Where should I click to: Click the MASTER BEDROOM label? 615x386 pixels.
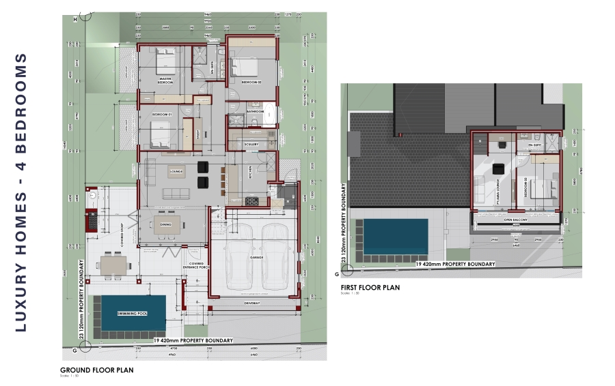(x=165, y=80)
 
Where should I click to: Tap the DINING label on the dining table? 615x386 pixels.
(x=166, y=224)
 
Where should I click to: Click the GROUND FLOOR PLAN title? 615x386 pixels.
(x=96, y=370)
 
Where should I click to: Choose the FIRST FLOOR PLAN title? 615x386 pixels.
(x=370, y=288)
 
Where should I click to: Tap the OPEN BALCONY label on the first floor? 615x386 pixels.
(x=517, y=220)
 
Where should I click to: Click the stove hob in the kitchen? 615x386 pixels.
(x=252, y=201)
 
